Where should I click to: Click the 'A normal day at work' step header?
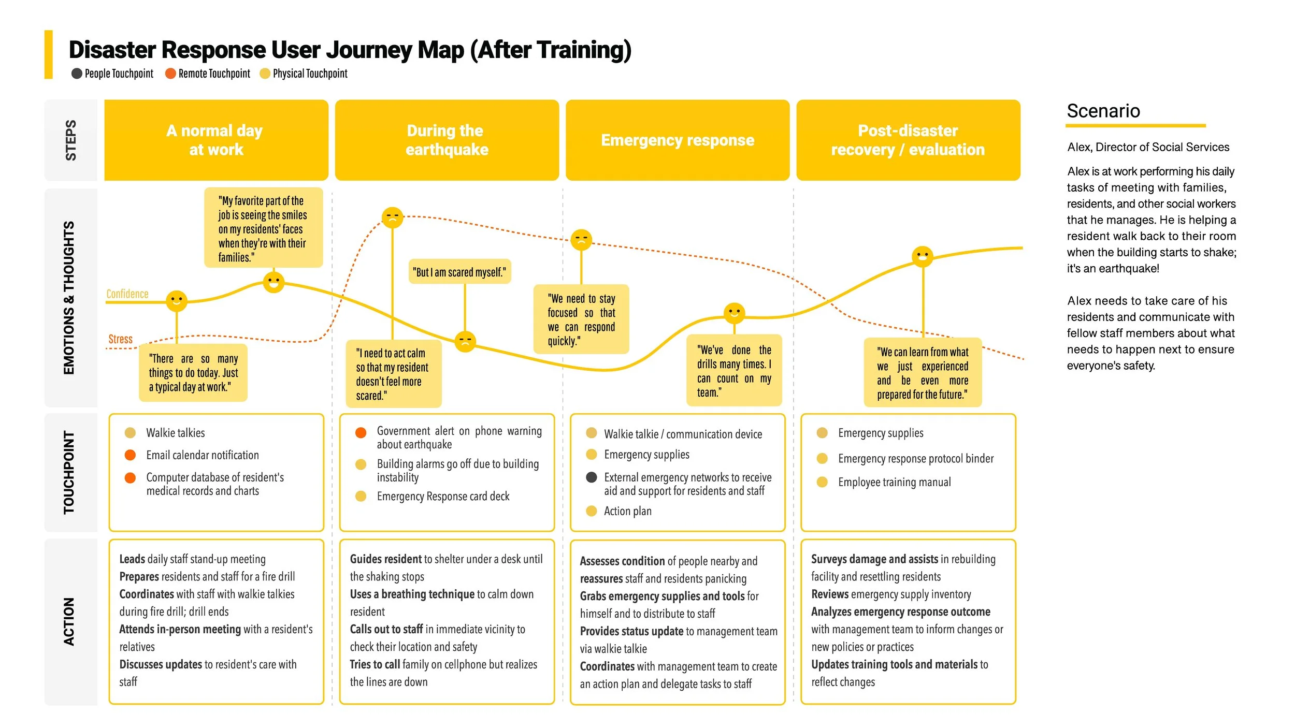[x=216, y=140]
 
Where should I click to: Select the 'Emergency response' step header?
[x=677, y=140]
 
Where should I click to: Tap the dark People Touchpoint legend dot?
[x=77, y=74]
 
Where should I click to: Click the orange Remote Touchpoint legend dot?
[x=170, y=74]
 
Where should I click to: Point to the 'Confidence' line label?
[x=127, y=294]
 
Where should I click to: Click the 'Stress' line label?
[x=120, y=339]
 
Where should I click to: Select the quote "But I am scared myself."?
[x=459, y=272]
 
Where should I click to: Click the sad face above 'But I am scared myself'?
[x=465, y=341]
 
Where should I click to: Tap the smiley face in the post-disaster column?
[x=923, y=256]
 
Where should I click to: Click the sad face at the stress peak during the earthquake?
[x=392, y=217]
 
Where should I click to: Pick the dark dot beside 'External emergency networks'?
[x=591, y=477]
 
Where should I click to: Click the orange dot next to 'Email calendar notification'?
[x=130, y=455]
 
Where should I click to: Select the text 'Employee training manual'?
[x=894, y=482]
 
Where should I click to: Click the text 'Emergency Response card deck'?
[x=443, y=496]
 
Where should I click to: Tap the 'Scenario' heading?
[x=1103, y=111]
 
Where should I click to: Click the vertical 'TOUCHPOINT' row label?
[x=69, y=472]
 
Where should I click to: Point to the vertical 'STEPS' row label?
[x=71, y=140]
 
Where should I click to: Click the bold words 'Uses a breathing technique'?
[x=412, y=594]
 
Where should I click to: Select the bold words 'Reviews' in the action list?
[x=830, y=594]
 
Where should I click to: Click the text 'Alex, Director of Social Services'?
[x=1148, y=147]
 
